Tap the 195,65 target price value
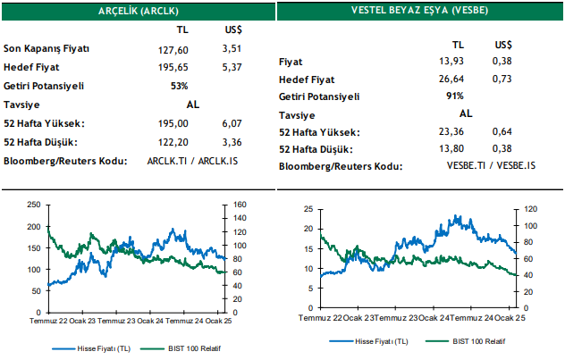pos(162,67)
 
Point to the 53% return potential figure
pos(179,86)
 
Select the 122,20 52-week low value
pos(162,142)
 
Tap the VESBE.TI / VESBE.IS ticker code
pos(491,166)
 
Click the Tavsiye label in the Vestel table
pos(298,114)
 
